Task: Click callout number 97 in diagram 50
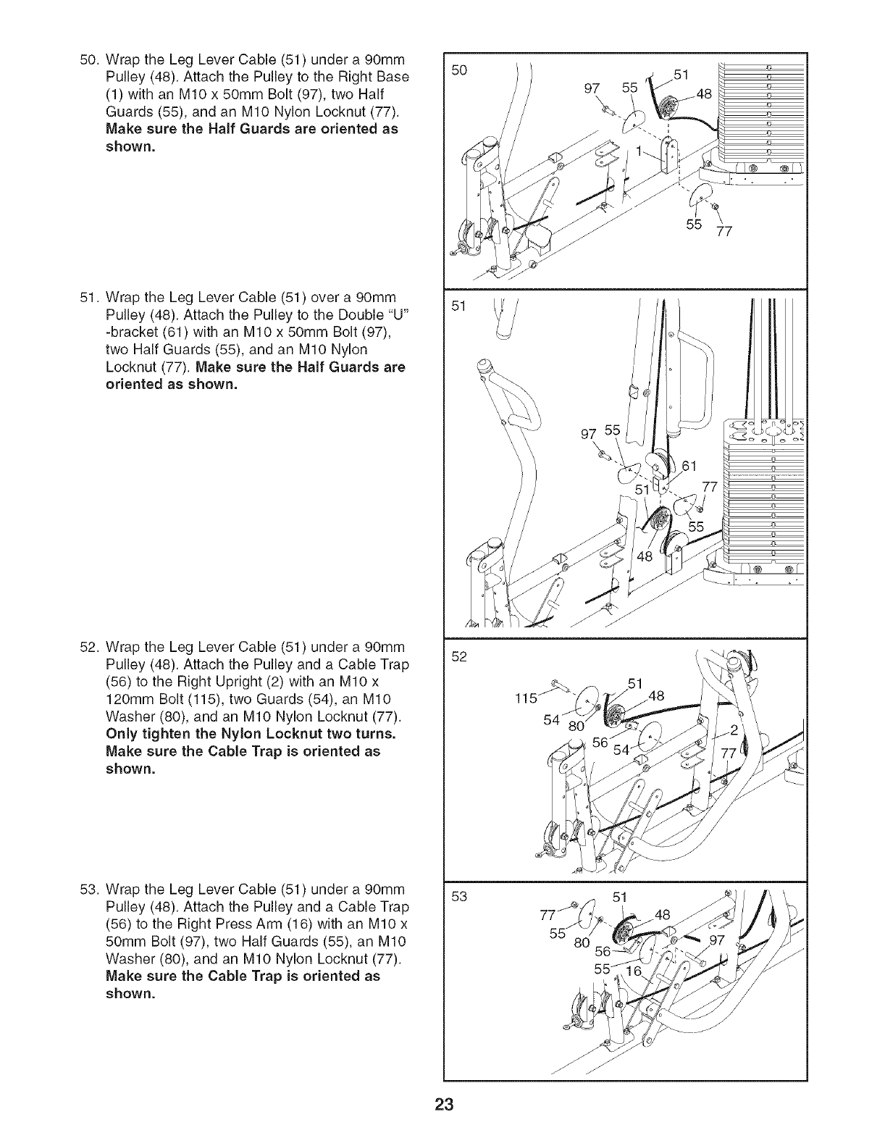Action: point(592,88)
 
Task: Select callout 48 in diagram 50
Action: point(704,93)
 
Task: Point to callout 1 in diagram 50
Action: point(638,151)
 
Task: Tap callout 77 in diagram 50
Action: point(724,233)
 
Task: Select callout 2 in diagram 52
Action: point(733,729)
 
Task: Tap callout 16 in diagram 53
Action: point(634,971)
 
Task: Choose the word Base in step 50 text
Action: point(393,76)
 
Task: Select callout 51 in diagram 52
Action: point(635,682)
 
